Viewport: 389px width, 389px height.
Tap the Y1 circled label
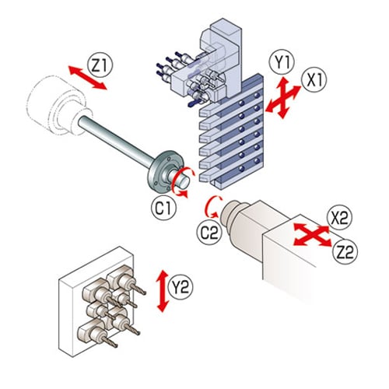pos(282,62)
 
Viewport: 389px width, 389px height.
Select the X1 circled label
pos(314,80)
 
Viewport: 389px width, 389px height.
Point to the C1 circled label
pos(163,208)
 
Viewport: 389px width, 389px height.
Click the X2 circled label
pos(339,217)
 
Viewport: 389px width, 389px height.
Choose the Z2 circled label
pos(345,251)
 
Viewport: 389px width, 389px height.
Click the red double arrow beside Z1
pos(87,78)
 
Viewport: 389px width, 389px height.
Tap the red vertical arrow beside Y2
pos(163,291)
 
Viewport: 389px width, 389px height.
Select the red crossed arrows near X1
pos(283,98)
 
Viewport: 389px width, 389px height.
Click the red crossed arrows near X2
pos(313,234)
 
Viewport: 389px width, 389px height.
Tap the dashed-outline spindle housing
pos(56,103)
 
